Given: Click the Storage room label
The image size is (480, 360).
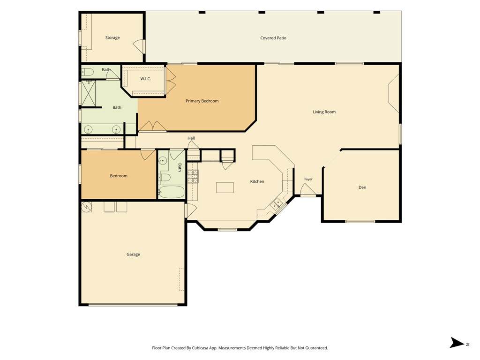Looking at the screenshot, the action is click(x=112, y=37).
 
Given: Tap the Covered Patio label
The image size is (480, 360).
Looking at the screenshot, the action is click(x=273, y=38).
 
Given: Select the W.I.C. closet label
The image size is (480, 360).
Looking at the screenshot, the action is click(x=145, y=79).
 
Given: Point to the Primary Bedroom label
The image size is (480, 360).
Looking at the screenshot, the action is click(x=202, y=101).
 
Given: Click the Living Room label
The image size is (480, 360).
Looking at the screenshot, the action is click(x=324, y=112).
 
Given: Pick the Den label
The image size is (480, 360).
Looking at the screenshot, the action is click(x=362, y=187).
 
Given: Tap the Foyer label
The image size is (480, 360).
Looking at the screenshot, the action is click(x=308, y=179).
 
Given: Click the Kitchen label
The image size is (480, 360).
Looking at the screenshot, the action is click(x=257, y=181).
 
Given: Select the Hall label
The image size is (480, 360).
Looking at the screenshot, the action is click(x=191, y=138).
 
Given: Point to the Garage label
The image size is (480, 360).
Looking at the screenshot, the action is click(x=133, y=255).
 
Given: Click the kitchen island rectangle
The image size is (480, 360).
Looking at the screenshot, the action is click(x=225, y=187).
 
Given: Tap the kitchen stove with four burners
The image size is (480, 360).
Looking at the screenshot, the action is click(x=193, y=176).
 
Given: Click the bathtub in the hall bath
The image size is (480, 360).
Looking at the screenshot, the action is click(x=172, y=192).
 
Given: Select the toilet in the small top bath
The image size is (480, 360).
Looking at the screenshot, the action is click(x=88, y=72).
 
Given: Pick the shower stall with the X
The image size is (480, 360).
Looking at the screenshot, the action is click(x=89, y=93).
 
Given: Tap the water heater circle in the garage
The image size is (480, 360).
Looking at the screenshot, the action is click(x=87, y=207).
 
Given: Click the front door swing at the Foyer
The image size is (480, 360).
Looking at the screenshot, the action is click(x=307, y=189).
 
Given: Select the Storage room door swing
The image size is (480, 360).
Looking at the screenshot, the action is click(x=138, y=46).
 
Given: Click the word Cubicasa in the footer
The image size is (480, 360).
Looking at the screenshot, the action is click(x=201, y=348).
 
